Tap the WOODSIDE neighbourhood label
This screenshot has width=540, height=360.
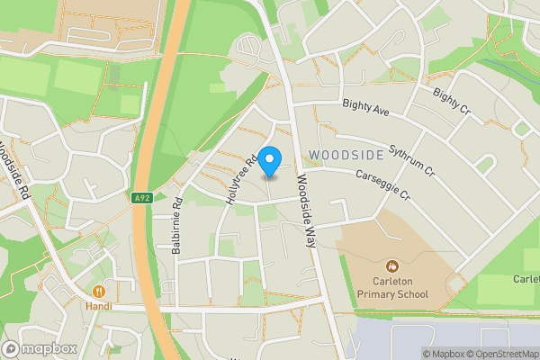pyautogui.click(x=346, y=155)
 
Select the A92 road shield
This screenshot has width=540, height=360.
pyautogui.click(x=139, y=198)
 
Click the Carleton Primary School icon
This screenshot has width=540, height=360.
pyautogui.click(x=391, y=266)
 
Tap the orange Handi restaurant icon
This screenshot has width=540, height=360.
pyautogui.click(x=98, y=291)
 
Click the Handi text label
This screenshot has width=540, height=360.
pyautogui.click(x=98, y=306)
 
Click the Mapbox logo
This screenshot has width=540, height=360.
pyautogui.click(x=38, y=349)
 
